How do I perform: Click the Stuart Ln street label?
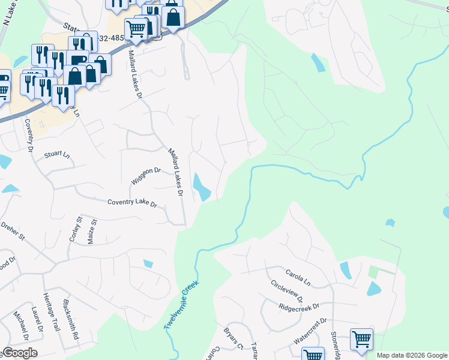point(57,154)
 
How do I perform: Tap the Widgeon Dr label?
point(146,176)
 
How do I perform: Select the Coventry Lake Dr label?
point(132,204)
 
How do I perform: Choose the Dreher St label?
point(13,232)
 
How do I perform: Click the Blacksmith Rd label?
point(70,319)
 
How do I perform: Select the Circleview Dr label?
point(287,291)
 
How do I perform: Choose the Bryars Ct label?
point(231,339)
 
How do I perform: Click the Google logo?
point(20,353)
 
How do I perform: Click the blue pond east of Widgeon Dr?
point(202,187)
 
